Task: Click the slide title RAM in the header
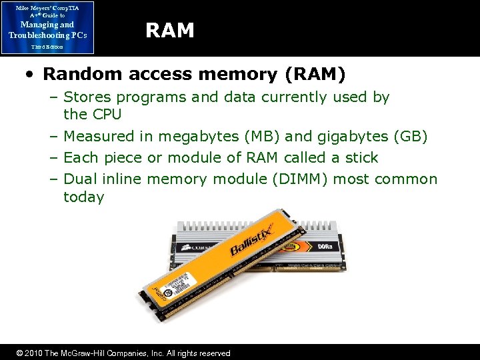tap(170, 31)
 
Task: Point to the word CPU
tap(107, 115)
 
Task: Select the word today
tap(83, 197)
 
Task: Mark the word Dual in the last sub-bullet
tap(79, 179)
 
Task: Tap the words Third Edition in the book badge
tap(47, 47)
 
